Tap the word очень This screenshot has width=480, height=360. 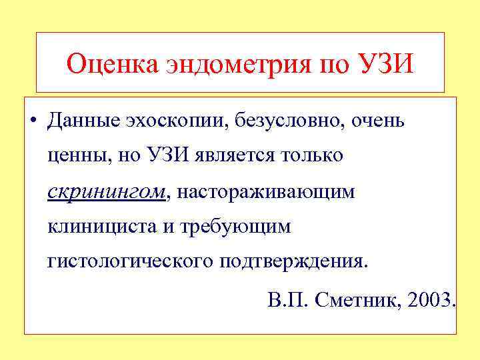377,121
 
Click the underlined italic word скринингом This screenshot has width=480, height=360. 107,192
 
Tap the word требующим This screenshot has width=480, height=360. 239,227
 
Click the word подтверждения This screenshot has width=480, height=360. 293,261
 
